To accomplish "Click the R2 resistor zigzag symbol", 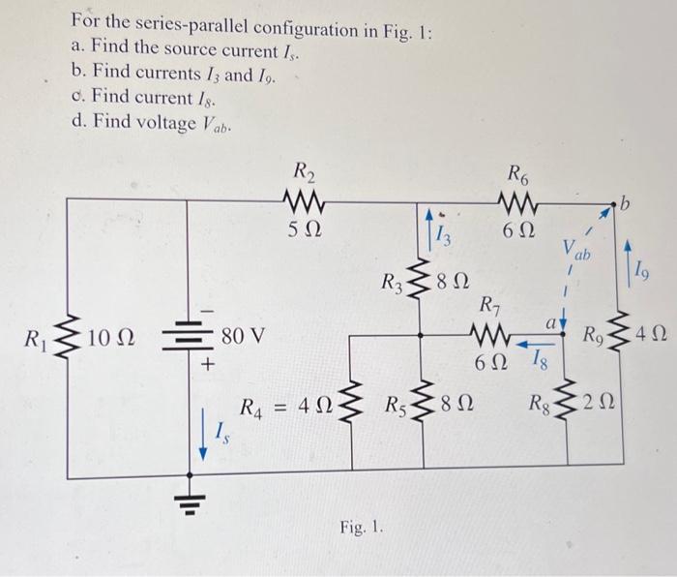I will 305,204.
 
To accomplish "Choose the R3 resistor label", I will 390,284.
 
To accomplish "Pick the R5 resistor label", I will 397,432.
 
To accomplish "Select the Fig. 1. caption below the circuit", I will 362,528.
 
